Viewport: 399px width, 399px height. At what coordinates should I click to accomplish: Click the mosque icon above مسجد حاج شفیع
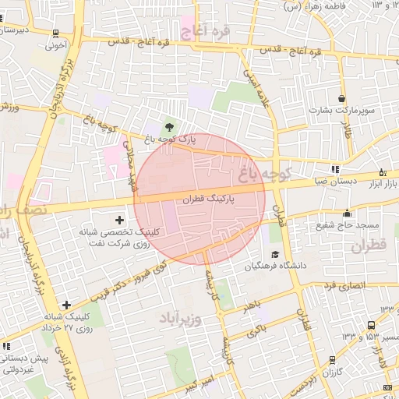click(347, 214)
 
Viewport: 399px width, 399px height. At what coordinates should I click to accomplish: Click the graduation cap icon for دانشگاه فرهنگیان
click(274, 254)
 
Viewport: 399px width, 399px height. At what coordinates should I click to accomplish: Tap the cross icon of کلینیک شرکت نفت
click(119, 221)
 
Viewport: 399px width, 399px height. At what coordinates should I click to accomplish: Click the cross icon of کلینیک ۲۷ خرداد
click(66, 305)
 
